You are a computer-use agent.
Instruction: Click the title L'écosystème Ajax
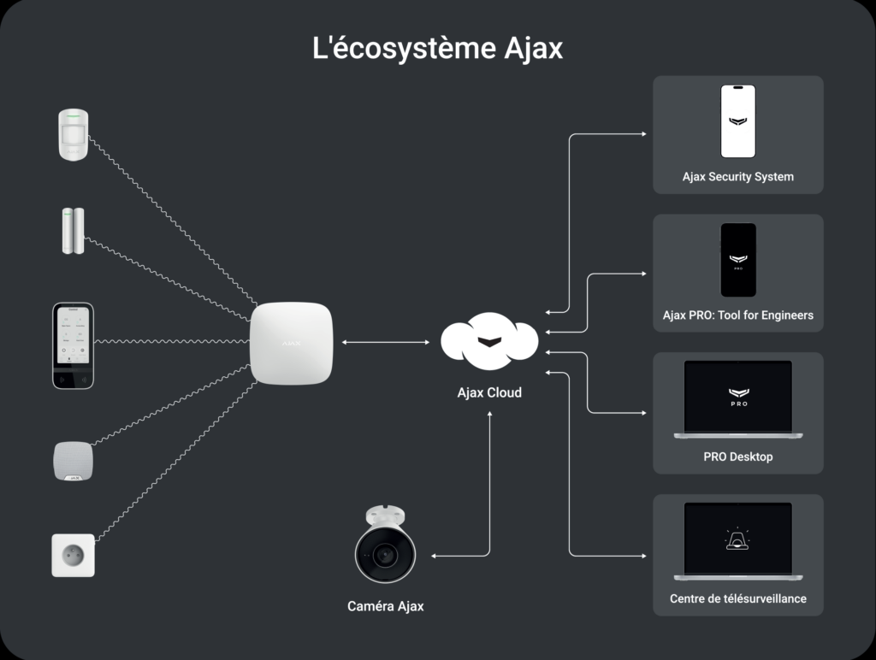pyautogui.click(x=438, y=48)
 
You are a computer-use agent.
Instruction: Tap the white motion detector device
pyautogui.click(x=74, y=134)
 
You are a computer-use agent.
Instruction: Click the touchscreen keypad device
pyautogui.click(x=73, y=345)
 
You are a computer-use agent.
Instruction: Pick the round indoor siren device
pyautogui.click(x=73, y=461)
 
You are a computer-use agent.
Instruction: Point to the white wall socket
pyautogui.click(x=73, y=556)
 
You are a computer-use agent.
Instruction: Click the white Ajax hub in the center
pyautogui.click(x=291, y=343)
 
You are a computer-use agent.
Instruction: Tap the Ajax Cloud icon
pyautogui.click(x=488, y=341)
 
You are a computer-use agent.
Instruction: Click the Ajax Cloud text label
pyautogui.click(x=488, y=393)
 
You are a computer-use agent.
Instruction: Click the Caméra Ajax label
pyautogui.click(x=385, y=606)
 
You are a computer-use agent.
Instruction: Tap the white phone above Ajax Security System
pyautogui.click(x=737, y=121)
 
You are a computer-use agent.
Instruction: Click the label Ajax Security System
pyautogui.click(x=737, y=177)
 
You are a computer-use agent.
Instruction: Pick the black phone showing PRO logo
pyautogui.click(x=737, y=260)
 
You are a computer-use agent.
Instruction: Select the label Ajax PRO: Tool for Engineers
pyautogui.click(x=737, y=315)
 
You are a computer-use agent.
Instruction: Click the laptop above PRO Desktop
pyautogui.click(x=737, y=399)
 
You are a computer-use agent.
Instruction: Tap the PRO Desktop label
pyautogui.click(x=737, y=457)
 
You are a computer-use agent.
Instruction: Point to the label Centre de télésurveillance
pyautogui.click(x=737, y=598)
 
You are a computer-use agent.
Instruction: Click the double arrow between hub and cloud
pyautogui.click(x=385, y=343)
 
